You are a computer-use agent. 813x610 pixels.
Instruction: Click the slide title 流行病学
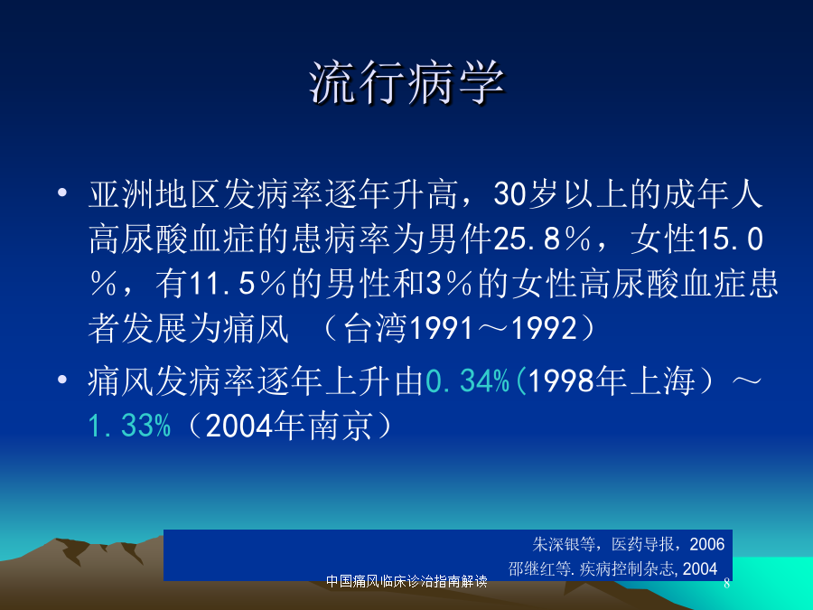(406, 83)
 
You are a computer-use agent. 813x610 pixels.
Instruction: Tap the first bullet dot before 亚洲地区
(62, 193)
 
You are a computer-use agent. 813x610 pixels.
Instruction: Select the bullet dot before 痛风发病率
(62, 380)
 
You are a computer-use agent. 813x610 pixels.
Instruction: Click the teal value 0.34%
(467, 380)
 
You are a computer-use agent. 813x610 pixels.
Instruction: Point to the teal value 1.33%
(129, 426)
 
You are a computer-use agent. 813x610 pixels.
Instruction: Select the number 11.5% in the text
(238, 285)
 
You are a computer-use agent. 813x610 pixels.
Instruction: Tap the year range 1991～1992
(492, 328)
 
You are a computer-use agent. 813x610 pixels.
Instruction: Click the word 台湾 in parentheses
(375, 328)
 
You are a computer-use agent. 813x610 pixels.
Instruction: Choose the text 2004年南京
(289, 426)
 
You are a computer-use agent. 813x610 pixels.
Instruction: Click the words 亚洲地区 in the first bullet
(155, 194)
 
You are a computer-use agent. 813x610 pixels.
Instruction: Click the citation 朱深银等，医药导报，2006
(629, 544)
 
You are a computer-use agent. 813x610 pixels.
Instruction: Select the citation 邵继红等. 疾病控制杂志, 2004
(612, 569)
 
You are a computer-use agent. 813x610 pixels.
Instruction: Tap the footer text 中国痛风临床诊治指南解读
(406, 581)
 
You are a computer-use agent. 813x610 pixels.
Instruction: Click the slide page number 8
(726, 584)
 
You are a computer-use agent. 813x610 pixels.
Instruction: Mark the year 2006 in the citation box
(706, 544)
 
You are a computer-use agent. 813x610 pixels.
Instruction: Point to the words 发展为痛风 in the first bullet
(205, 328)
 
